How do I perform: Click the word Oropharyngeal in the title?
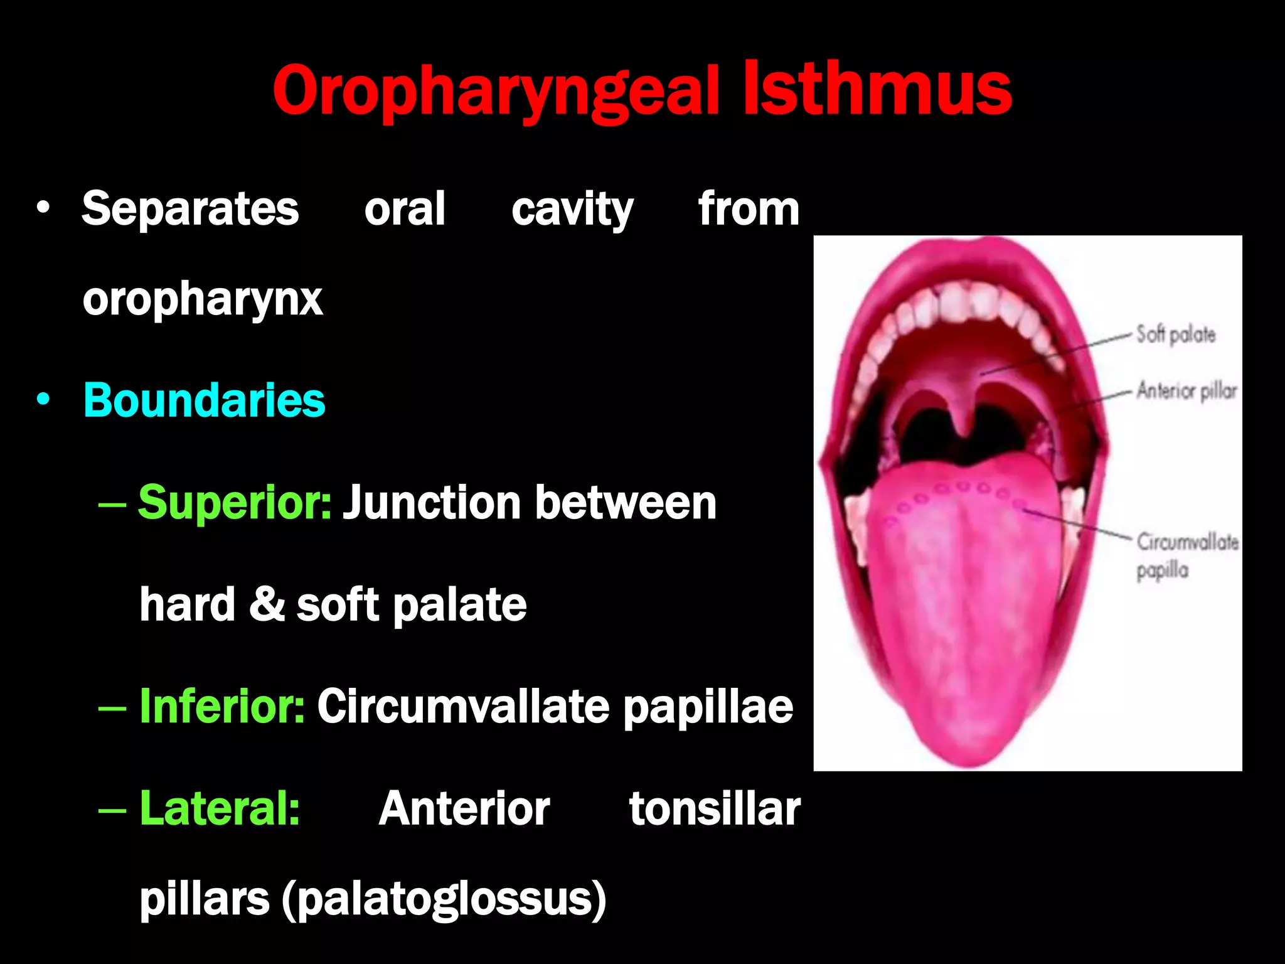coord(495,91)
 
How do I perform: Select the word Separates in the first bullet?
coord(190,209)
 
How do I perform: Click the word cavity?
coord(572,209)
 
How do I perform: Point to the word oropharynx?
coord(202,300)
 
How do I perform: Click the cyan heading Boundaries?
coord(204,400)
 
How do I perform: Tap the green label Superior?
coord(235,503)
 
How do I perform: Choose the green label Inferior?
coord(222,707)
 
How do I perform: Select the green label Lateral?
coord(220,808)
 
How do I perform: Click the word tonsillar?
coord(715,808)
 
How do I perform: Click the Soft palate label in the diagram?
coord(1175,335)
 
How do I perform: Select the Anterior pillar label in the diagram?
coord(1186,391)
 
